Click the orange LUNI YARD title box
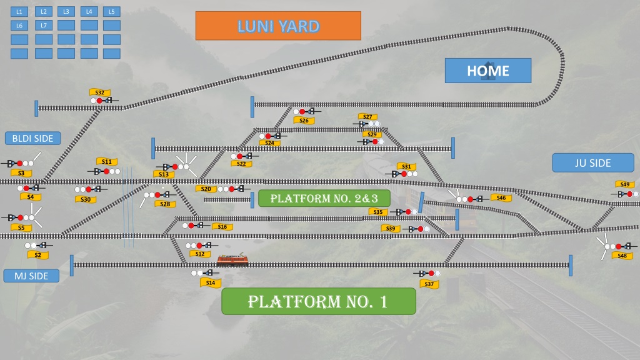pos(278,26)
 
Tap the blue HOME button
pos(488,71)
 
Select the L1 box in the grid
pos(19,12)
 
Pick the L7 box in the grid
pos(44,25)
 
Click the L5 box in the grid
pos(111,12)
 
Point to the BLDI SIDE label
pos(32,138)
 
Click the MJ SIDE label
pos(31,276)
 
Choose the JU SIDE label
pos(593,163)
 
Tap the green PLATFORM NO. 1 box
pos(319,301)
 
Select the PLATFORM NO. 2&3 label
pos(324,198)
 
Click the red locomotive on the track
pos(232,259)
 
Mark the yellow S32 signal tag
pos(100,92)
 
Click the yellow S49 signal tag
pos(625,184)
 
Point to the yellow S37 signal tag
pos(429,284)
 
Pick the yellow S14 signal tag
pos(211,283)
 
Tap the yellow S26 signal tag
pos(304,121)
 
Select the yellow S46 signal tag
pos(501,198)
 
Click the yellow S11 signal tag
pos(107,162)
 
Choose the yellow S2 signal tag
pos(38,255)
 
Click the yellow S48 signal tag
pos(622,256)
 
